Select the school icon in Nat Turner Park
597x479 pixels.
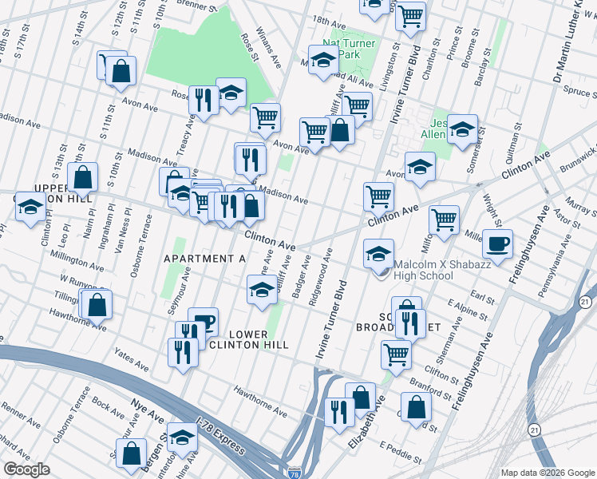(323, 61)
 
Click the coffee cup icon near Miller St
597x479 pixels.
(499, 243)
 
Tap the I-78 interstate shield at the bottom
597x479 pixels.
(295, 472)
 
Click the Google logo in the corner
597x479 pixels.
(26, 469)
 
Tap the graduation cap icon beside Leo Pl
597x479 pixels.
(30, 208)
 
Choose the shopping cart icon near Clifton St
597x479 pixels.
(396, 354)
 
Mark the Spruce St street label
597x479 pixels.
(573, 93)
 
